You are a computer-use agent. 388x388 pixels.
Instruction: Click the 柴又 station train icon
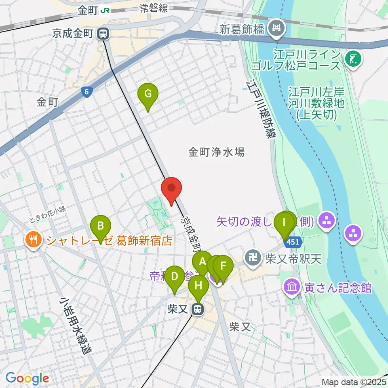198,310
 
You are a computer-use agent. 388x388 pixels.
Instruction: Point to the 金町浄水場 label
216,152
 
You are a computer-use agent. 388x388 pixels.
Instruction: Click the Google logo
27,378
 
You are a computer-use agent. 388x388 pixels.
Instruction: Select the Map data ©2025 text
353,382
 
